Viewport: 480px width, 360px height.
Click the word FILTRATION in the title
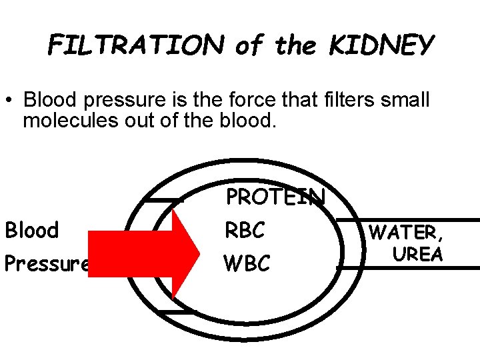[136, 45]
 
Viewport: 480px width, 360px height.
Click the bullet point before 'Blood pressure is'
[13, 102]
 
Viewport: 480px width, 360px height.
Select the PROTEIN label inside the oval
[275, 197]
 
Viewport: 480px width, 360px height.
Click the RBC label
[245, 230]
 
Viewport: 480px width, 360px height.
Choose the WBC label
[247, 263]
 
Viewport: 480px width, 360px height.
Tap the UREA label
[417, 254]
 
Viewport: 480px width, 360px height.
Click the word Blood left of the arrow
[32, 230]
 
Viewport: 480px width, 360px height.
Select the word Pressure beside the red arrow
[47, 264]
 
